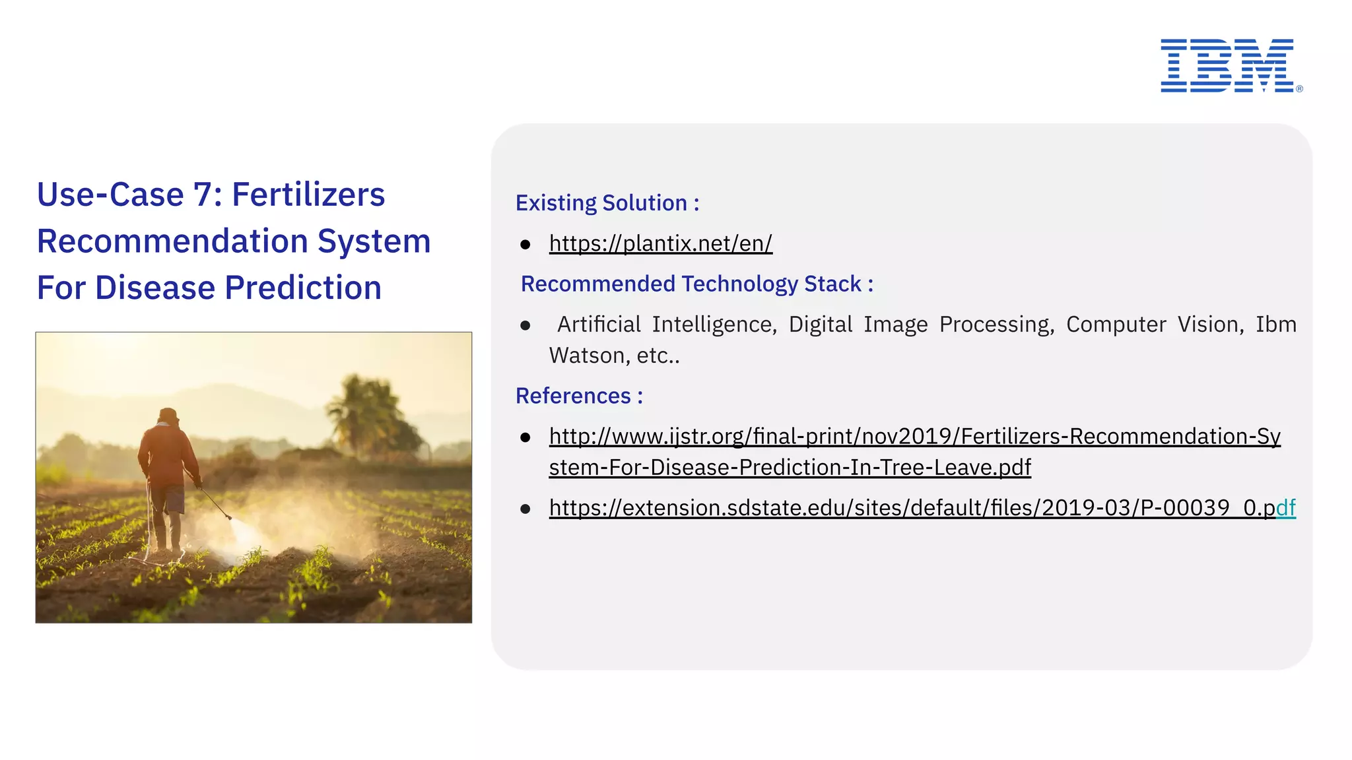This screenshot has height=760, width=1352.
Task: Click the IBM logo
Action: (x=1227, y=65)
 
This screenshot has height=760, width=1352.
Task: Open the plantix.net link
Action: (x=660, y=243)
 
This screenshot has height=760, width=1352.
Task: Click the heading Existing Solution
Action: (x=607, y=203)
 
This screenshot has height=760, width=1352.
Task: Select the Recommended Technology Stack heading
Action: (x=696, y=284)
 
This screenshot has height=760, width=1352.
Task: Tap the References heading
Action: (x=579, y=396)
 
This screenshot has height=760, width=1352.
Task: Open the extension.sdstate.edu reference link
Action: (x=922, y=508)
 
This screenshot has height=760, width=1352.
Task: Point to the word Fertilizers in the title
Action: (x=308, y=195)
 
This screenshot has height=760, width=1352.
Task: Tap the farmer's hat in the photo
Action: (x=168, y=416)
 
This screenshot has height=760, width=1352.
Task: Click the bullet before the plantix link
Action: (x=525, y=245)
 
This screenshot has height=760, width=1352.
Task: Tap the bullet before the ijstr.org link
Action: (x=525, y=437)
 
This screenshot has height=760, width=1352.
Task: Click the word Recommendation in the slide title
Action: (x=170, y=241)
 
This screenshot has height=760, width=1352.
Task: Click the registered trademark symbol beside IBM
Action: (x=1299, y=88)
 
